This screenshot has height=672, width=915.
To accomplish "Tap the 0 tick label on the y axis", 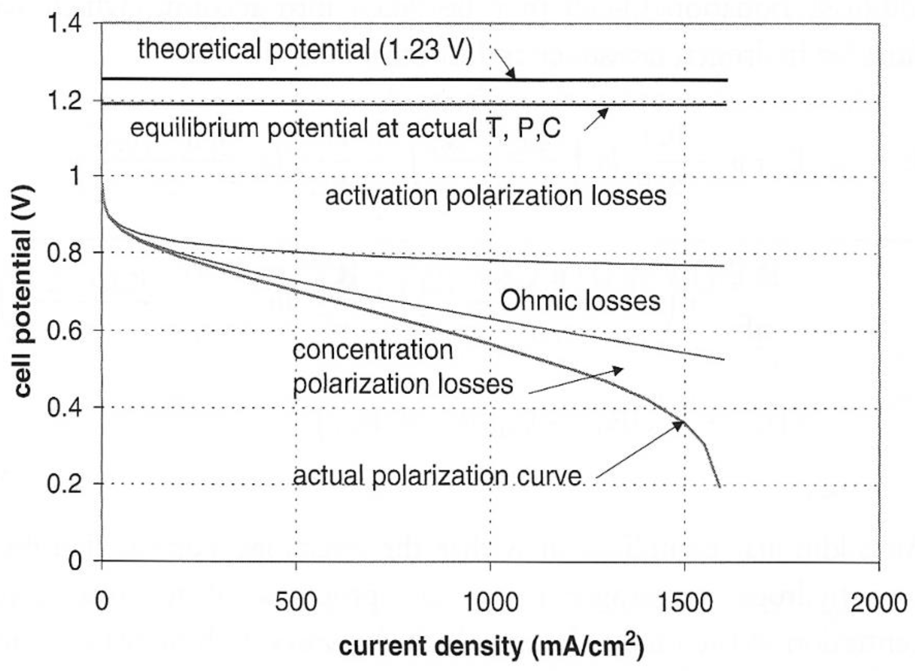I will click(x=75, y=561).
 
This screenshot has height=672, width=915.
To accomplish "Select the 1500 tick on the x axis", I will click(x=684, y=603).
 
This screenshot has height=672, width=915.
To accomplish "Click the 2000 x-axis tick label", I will click(x=879, y=603).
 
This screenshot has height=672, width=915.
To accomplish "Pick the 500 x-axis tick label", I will click(x=296, y=603).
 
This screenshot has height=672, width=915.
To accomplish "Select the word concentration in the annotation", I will click(x=372, y=351).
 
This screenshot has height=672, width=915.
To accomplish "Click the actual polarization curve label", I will click(x=437, y=476).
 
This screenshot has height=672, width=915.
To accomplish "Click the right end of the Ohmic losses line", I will click(x=724, y=359).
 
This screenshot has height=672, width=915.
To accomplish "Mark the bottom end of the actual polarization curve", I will click(x=719, y=486).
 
